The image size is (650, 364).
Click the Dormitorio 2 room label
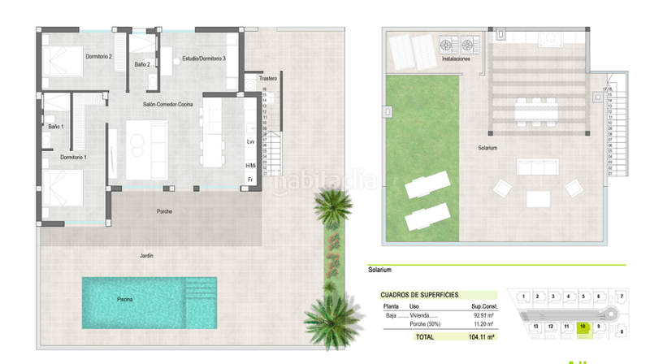tap(98, 56)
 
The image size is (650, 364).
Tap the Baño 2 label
tap(141, 63)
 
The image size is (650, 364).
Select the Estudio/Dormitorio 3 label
tap(204, 59)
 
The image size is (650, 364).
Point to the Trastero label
tap(269, 79)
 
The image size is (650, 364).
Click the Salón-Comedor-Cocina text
tap(167, 105)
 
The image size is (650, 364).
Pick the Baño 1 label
tap(55, 127)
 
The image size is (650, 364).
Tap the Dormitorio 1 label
tap(73, 156)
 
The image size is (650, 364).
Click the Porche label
tap(164, 211)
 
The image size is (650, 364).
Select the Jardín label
tap(146, 255)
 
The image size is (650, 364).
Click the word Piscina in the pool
tap(124, 300)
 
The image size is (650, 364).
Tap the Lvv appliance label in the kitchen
tap(250, 142)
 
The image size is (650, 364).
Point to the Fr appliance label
tap(250, 179)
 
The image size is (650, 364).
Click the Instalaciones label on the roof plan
tap(456, 59)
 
